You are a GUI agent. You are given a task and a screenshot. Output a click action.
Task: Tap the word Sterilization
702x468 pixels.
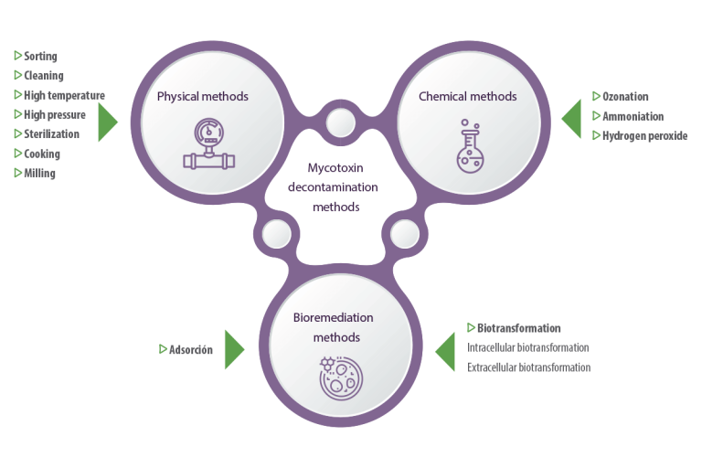tap(51, 133)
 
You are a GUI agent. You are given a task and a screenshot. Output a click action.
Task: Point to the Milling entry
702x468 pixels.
tap(39, 174)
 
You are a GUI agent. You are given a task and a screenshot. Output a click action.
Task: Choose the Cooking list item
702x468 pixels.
tap(42, 154)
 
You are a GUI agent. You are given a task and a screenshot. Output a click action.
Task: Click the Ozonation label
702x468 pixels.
tap(625, 96)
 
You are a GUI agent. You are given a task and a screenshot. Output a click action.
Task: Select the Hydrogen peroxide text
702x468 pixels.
tap(644, 135)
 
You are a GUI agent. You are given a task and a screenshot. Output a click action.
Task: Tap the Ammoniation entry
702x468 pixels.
tap(633, 116)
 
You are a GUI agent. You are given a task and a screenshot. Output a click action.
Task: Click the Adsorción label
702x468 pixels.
tap(191, 349)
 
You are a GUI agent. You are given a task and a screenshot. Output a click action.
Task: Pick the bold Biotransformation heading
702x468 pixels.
tap(518, 328)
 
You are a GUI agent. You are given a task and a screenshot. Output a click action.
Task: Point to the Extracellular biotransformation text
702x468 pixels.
tap(528, 367)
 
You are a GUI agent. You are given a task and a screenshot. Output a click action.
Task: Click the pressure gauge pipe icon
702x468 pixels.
tap(209, 144)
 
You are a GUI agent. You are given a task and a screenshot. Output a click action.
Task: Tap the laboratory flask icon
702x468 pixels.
tap(470, 146)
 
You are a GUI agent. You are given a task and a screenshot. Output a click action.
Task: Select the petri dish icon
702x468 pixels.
tap(341, 378)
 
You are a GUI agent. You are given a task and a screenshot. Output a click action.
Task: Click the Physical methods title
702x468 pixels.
tap(202, 97)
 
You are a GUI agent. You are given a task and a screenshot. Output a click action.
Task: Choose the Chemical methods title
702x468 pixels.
tap(467, 96)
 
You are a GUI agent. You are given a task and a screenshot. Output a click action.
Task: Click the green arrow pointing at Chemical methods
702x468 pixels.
tap(571, 119)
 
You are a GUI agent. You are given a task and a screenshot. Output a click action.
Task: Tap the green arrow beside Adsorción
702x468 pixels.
tap(234, 349)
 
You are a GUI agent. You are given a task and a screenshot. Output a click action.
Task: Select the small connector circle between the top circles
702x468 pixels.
tap(341, 122)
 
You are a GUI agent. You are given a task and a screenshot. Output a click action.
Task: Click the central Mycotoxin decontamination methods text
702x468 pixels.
tap(334, 187)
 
